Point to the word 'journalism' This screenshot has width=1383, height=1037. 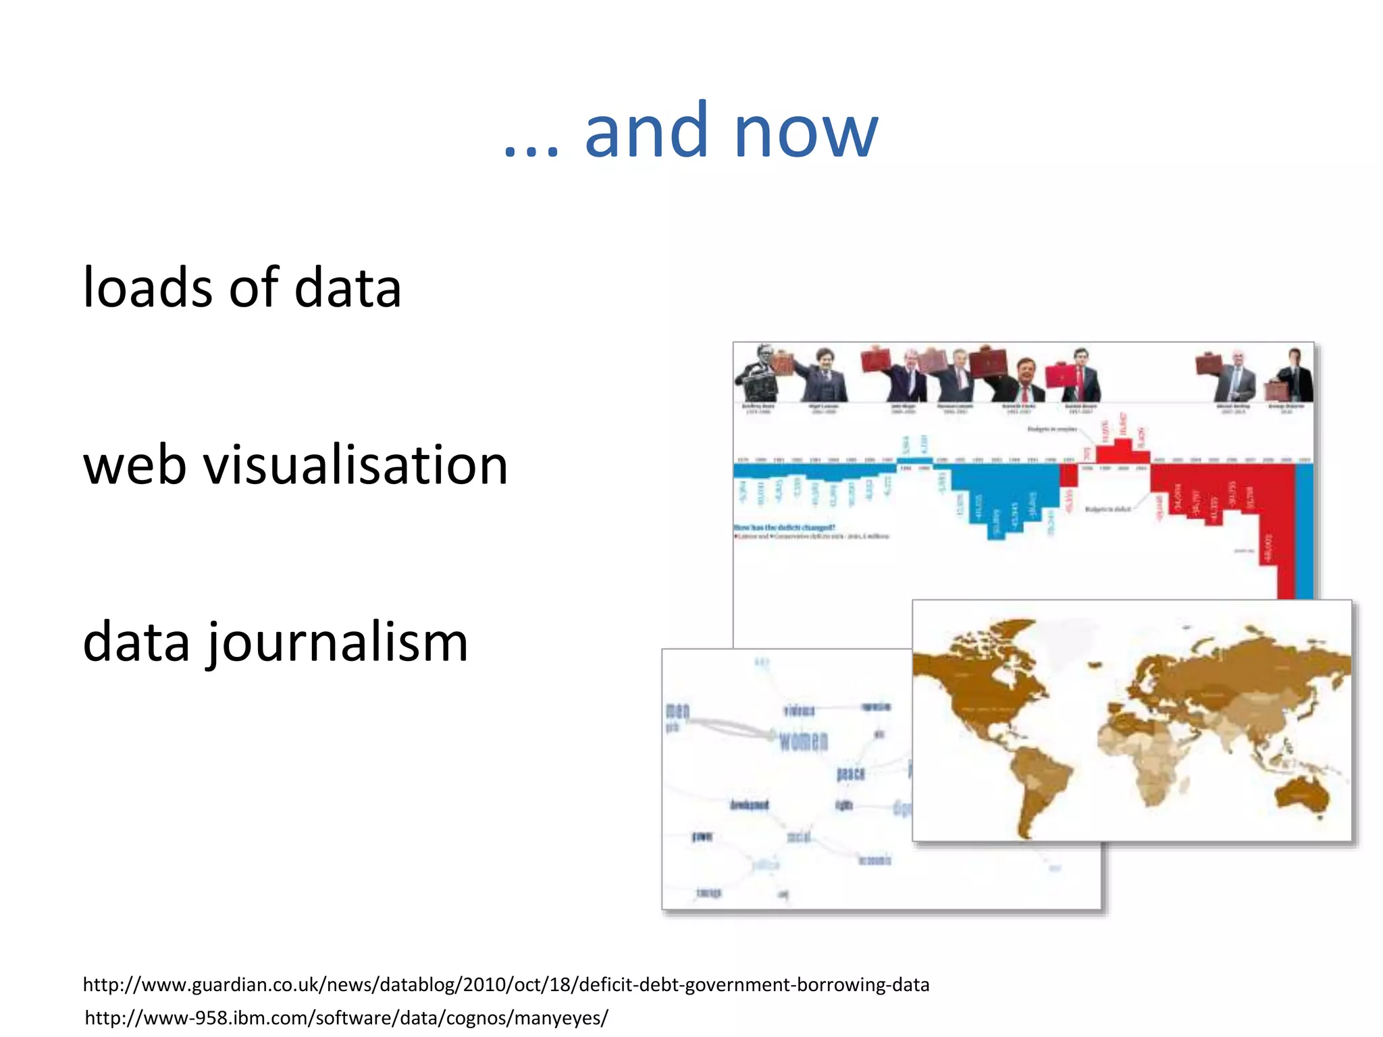(337, 643)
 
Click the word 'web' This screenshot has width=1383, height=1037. (134, 466)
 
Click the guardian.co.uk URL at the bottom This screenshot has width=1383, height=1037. (506, 984)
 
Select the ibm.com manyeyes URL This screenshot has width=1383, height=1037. (346, 1017)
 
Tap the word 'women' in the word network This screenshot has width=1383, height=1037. (803, 741)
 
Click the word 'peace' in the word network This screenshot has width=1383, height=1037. (850, 773)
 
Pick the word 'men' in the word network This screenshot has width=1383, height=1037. (677, 710)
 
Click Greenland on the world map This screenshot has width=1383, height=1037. (1074, 638)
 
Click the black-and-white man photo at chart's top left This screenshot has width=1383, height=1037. (758, 375)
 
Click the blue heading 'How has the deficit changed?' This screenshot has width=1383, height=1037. (784, 527)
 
